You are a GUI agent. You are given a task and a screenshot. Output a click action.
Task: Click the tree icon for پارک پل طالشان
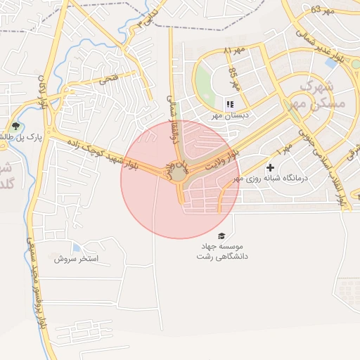tap(15, 127)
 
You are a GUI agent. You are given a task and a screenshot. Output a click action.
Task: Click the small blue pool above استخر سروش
tap(75, 247)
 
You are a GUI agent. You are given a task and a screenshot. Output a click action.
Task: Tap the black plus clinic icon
tap(270, 168)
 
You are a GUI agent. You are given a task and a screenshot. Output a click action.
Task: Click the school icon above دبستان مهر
tap(229, 105)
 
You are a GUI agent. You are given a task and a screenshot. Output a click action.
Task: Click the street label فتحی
tap(108, 79)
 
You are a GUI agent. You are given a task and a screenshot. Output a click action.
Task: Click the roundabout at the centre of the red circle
tap(180, 172)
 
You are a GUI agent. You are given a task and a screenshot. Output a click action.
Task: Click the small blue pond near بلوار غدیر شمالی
tap(330, 63)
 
